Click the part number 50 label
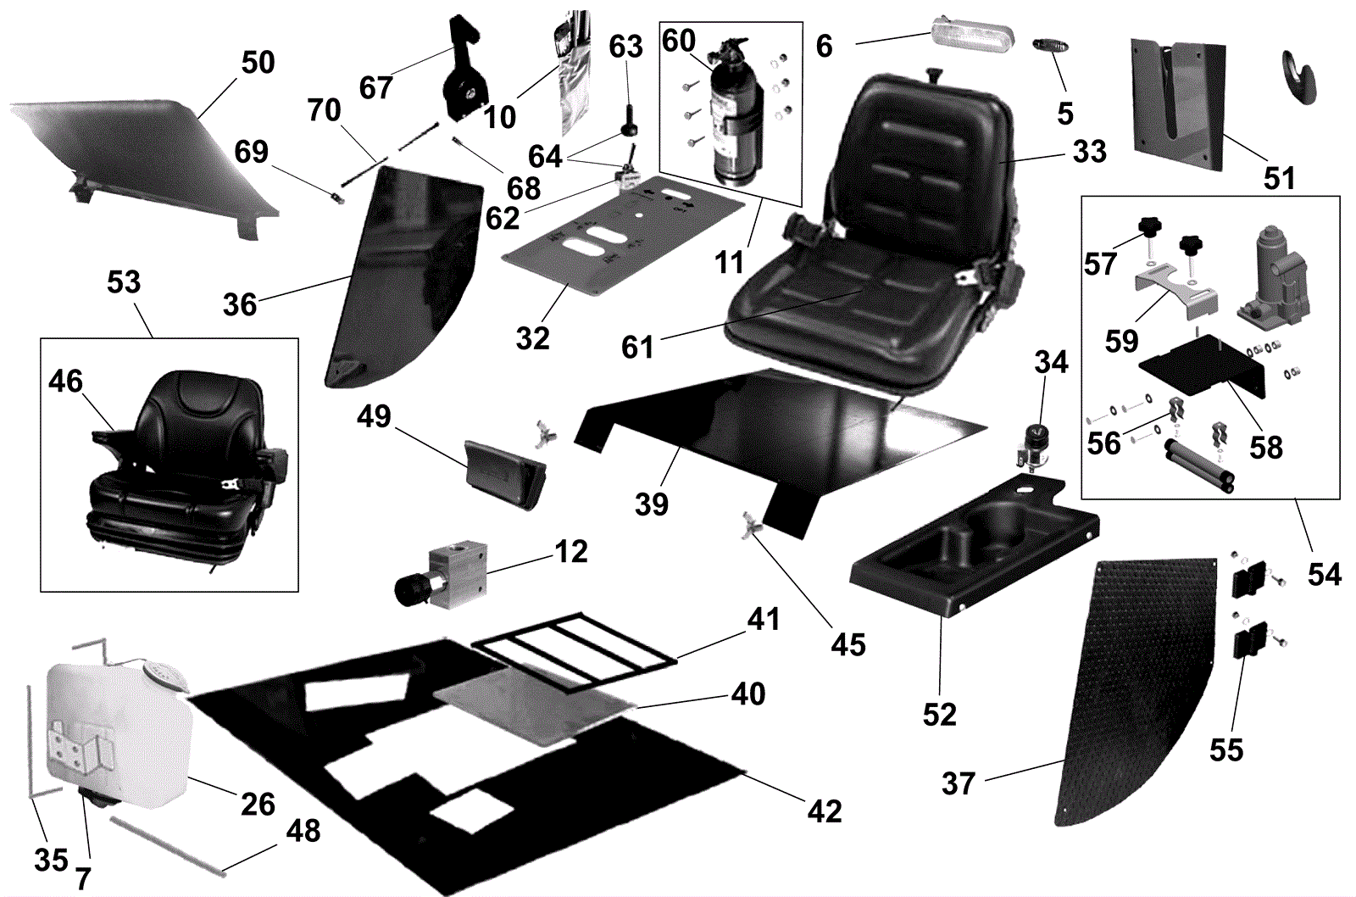coord(258,62)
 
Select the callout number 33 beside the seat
coord(1089,152)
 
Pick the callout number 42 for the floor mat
coord(824,811)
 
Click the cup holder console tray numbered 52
coord(975,551)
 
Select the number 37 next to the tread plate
coord(959,783)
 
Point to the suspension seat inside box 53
coord(186,466)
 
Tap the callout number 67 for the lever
coord(375,87)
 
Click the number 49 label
coord(374,416)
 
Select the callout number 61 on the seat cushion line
coord(637,347)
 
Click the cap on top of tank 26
coord(164,673)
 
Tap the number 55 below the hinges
coord(1226,749)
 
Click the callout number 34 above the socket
coord(1051,362)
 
